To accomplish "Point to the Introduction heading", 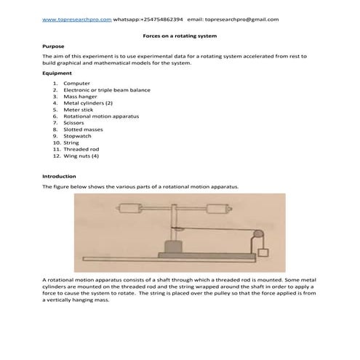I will pyautogui.click(x=61, y=177).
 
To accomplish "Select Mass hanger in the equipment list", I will pyautogui.click(x=80, y=96).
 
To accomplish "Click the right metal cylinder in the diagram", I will pyautogui.click(x=218, y=209).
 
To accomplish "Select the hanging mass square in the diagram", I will pyautogui.click(x=263, y=255).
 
